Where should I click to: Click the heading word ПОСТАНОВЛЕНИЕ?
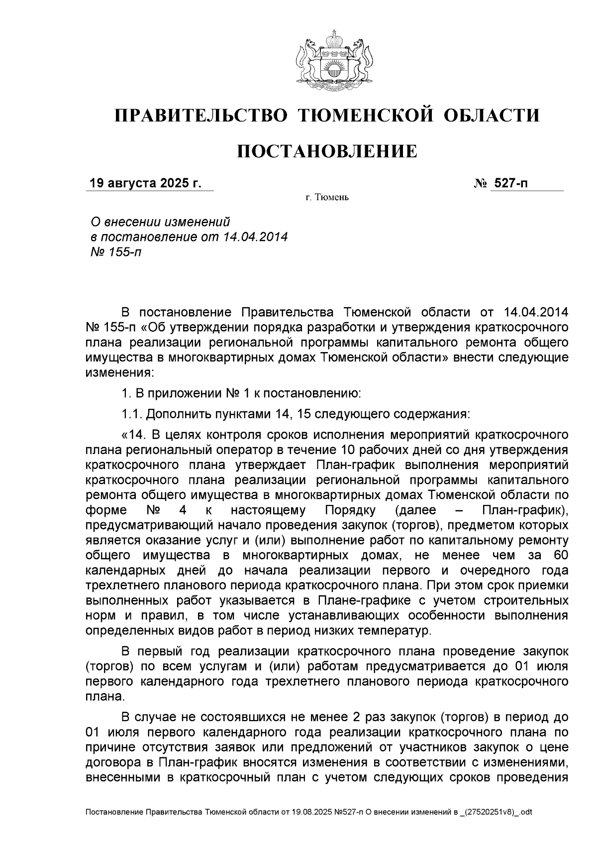(326, 151)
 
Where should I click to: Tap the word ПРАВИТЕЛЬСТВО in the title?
(201, 116)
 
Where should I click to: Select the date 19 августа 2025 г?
(145, 183)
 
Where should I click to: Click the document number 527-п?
(510, 183)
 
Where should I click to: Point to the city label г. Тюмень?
(327, 198)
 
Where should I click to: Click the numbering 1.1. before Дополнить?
(132, 414)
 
